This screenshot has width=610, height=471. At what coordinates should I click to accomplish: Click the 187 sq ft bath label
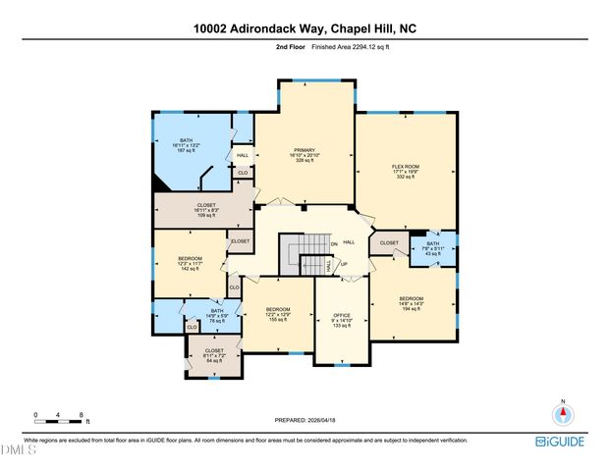(186, 145)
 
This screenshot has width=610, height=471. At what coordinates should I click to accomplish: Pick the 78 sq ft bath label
(217, 316)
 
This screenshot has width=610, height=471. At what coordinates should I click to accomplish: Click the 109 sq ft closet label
(206, 209)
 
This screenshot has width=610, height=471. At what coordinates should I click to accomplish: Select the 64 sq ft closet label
(214, 355)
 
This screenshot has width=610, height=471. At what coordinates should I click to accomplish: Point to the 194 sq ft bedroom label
(411, 302)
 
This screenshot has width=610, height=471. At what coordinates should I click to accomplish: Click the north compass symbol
(563, 413)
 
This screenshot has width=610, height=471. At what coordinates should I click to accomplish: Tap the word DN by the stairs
(334, 244)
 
